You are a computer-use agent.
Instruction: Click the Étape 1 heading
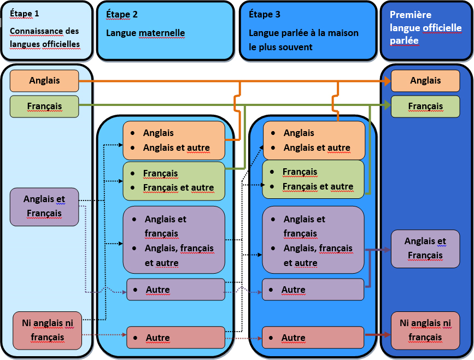point(25,13)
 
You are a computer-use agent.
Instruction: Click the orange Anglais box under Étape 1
point(44,81)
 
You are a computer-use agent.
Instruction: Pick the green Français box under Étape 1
point(44,106)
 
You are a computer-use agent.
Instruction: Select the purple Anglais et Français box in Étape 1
point(44,206)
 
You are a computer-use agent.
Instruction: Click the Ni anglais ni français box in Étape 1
point(47,331)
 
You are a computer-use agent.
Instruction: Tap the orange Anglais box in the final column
point(425,81)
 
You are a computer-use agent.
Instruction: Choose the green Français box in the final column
point(425,106)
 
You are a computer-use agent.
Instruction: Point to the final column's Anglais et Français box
point(425,249)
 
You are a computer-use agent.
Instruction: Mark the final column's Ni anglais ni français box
point(425,331)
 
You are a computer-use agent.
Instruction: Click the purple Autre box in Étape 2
point(175,290)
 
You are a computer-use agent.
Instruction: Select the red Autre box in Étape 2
point(175,338)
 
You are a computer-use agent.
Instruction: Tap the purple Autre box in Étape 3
point(313,290)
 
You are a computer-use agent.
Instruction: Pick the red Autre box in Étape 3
point(313,338)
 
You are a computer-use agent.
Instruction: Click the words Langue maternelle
point(145,33)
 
